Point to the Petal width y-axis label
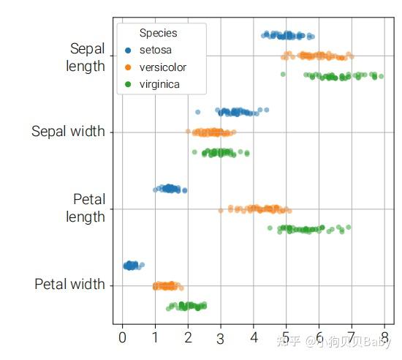[x=69, y=284]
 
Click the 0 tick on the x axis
[x=122, y=337]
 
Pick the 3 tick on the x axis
[x=220, y=338]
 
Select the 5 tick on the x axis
[x=286, y=337]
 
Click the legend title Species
[x=159, y=33]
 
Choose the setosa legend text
[x=156, y=50]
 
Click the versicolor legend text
[x=163, y=67]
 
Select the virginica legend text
[x=160, y=84]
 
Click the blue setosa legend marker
[x=129, y=50]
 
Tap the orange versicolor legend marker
[x=129, y=67]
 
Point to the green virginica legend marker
[x=129, y=84]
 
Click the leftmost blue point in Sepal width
[x=198, y=112]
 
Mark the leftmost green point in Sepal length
[x=283, y=74]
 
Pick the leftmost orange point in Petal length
[x=221, y=211]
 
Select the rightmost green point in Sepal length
[x=381, y=75]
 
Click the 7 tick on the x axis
[x=351, y=337]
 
